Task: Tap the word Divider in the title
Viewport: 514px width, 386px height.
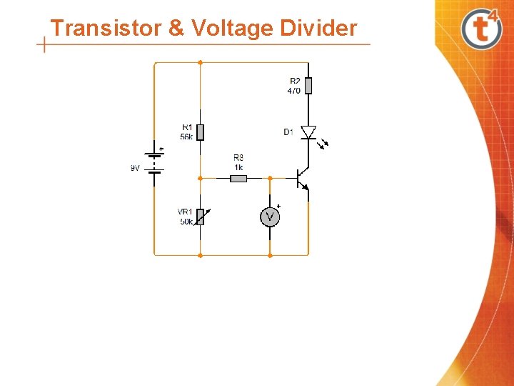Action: coord(318,28)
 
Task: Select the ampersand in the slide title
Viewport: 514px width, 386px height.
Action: coord(176,28)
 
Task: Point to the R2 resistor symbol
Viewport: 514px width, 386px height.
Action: coord(308,86)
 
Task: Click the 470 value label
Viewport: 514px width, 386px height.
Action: coord(293,91)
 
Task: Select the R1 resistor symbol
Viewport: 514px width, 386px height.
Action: coord(200,132)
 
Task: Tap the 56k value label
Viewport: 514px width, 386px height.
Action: coord(186,136)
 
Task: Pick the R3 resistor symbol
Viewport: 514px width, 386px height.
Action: coord(238,178)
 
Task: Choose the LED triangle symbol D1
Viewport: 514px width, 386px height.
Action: coord(308,132)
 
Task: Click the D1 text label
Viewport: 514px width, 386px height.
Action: coord(288,132)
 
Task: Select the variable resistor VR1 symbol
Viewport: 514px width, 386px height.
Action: coord(200,216)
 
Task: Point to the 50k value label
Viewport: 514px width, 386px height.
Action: coord(186,221)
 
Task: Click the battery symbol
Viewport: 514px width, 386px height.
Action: coord(154,162)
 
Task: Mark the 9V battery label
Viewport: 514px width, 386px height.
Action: coord(135,168)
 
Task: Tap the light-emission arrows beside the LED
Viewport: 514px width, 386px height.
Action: coord(324,143)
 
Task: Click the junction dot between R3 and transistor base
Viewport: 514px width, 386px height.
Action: coord(270,178)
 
